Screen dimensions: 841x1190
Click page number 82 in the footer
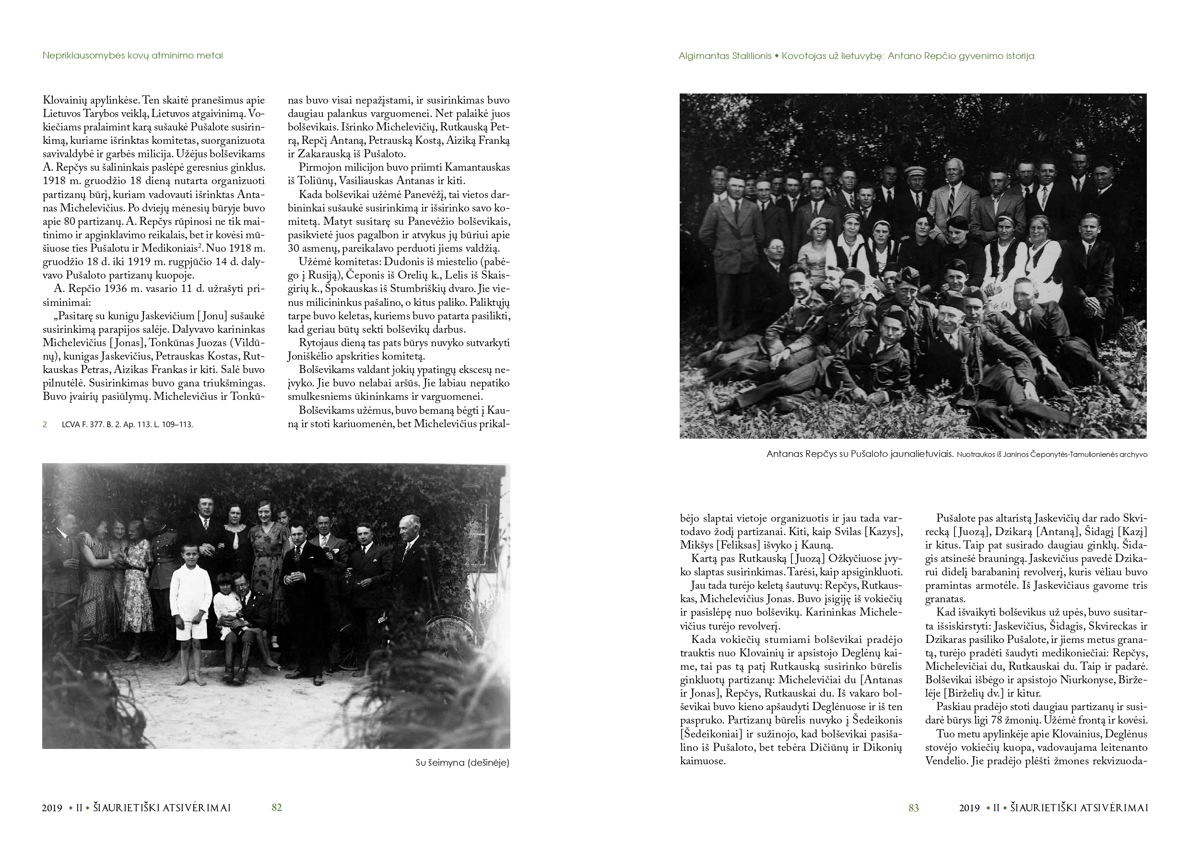click(x=277, y=807)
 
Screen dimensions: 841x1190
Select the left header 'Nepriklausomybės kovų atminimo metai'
click(x=133, y=56)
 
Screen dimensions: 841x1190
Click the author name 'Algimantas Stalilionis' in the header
click(x=725, y=56)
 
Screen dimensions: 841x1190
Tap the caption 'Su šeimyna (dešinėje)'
click(x=462, y=763)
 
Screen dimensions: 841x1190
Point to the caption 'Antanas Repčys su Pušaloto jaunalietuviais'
click(x=860, y=455)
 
